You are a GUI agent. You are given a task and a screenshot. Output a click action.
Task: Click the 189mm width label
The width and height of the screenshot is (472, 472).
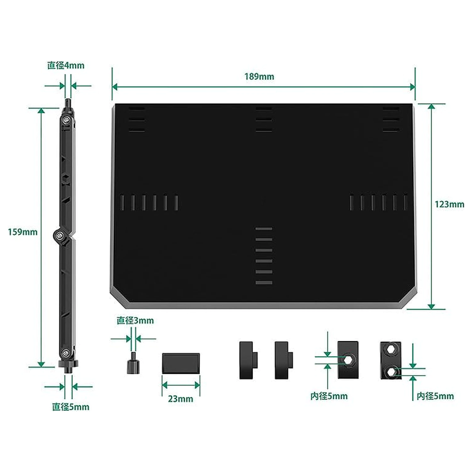pos(259,76)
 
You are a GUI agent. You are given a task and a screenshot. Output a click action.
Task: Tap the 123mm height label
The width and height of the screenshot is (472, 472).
pos(449,205)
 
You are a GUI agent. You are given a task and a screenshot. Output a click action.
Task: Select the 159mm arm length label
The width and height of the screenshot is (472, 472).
pos(23,232)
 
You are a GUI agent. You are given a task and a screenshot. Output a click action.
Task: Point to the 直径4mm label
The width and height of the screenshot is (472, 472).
pos(66,65)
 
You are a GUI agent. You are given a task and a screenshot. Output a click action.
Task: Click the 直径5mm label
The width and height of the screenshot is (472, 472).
pos(70,407)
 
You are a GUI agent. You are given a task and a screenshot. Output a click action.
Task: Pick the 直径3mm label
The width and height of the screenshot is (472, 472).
pos(135,321)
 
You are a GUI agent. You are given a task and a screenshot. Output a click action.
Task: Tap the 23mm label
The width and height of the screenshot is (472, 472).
pos(181,399)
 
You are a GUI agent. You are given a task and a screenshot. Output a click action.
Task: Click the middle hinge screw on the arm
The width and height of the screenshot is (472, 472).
pos(59,235)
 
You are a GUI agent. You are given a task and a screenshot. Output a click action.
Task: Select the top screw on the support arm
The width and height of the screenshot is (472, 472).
pos(66,120)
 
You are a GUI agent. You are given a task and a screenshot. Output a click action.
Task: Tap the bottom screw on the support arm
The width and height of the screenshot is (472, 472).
pos(66,353)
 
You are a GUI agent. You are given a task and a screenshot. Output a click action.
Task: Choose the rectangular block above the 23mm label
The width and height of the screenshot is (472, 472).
pos(181,363)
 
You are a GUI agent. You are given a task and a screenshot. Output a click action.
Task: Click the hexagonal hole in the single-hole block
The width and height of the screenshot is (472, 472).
pos(348,360)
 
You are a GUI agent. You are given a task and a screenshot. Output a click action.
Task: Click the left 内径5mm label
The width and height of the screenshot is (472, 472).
pos(329,396)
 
